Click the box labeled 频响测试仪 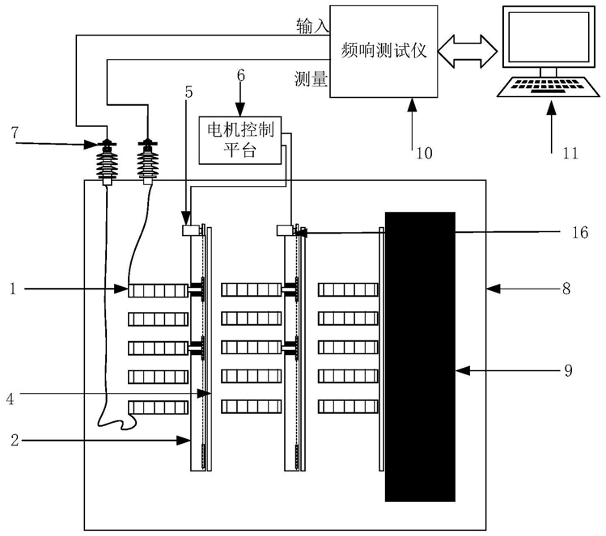coord(384,52)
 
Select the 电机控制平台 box coord(240,141)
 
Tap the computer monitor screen coord(549,37)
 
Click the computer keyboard coord(549,87)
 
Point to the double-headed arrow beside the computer coord(468,52)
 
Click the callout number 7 coord(15,133)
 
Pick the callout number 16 coord(580,233)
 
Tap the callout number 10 coord(424,154)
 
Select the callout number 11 coord(570,154)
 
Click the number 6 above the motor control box coord(241,75)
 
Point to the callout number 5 coord(189,92)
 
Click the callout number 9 coord(568,370)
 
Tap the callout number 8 coord(566,288)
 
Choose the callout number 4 coord(10,399)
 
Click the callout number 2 coord(15,440)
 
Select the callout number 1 coord(13,289)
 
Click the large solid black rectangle coord(420,357)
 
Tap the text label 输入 coord(312,26)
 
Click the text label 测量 coord(311,79)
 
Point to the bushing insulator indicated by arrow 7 coord(107,162)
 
